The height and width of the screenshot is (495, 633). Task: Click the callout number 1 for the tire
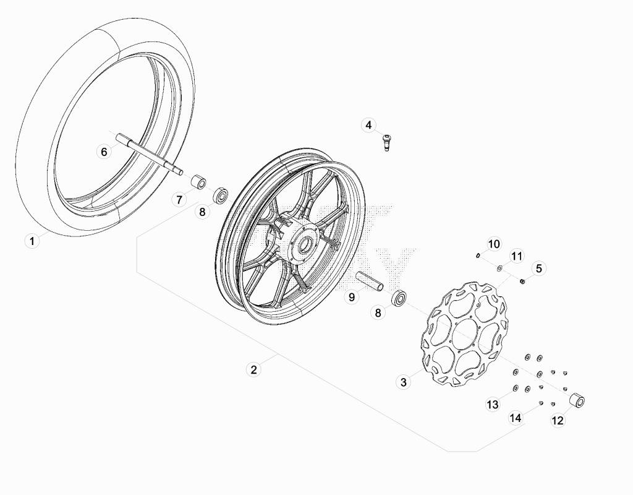32,241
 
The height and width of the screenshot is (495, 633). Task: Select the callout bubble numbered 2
253,369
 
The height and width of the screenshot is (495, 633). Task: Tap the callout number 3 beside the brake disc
403,382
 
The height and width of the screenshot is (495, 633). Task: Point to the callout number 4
368,125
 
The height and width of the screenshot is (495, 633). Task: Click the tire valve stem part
387,143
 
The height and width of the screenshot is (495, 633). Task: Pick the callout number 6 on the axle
104,152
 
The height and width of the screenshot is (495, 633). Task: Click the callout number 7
179,199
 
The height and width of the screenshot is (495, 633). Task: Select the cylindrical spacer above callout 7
198,181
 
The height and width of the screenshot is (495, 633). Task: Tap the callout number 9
352,297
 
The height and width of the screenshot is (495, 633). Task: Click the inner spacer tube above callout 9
369,281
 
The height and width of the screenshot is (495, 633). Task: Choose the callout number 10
494,244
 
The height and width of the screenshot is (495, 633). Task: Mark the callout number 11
516,256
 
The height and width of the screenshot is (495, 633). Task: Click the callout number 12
558,420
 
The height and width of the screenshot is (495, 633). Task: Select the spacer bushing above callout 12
577,400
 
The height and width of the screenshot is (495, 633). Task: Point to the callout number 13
493,405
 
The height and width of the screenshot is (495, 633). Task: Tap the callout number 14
516,418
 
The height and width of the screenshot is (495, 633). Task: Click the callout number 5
539,269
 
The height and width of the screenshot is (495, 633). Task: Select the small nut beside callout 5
522,281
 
